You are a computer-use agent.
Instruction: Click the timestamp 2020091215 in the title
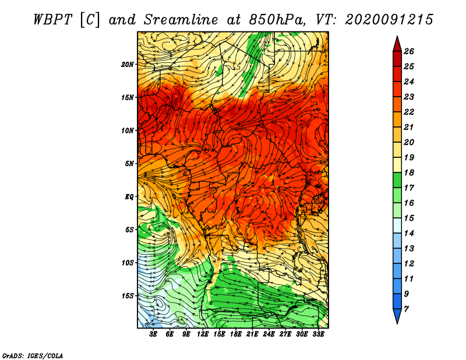coord(389,19)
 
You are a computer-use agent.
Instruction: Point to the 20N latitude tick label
coord(128,64)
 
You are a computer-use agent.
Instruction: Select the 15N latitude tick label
coord(128,97)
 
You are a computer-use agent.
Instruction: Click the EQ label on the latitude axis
coord(129,196)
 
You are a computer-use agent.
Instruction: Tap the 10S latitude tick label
coord(128,263)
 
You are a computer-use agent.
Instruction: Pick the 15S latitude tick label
coord(128,295)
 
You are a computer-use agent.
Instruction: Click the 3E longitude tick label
coord(154,335)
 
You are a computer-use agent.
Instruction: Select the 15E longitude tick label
coord(219,335)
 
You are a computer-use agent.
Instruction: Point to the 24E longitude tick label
coord(269,335)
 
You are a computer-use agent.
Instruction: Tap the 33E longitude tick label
coord(318,335)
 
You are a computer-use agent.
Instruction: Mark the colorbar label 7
coord(406,309)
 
